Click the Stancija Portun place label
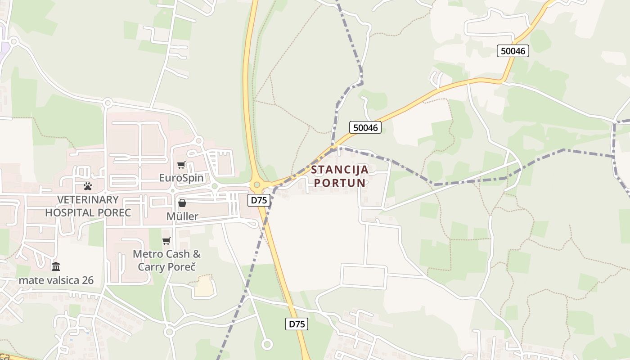coord(340,176)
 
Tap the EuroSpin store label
coord(181,178)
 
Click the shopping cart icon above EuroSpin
coord(181,165)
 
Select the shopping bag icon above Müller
coord(182,203)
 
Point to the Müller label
coord(182,216)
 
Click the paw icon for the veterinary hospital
coord(88,186)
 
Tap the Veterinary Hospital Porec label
coord(88,206)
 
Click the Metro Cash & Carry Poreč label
coord(166,260)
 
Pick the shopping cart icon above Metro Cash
coord(166,241)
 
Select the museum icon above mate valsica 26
coord(56,266)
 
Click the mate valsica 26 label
coord(56,280)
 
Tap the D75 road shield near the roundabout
coord(259,200)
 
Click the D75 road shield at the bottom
coord(297,324)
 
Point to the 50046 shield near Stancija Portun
coord(365,128)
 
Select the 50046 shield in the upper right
coord(513,51)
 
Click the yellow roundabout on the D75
coord(257,184)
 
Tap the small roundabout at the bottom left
coord(169,332)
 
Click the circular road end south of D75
coord(267,345)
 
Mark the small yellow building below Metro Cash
coord(204,287)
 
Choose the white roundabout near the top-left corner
coord(13,42)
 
